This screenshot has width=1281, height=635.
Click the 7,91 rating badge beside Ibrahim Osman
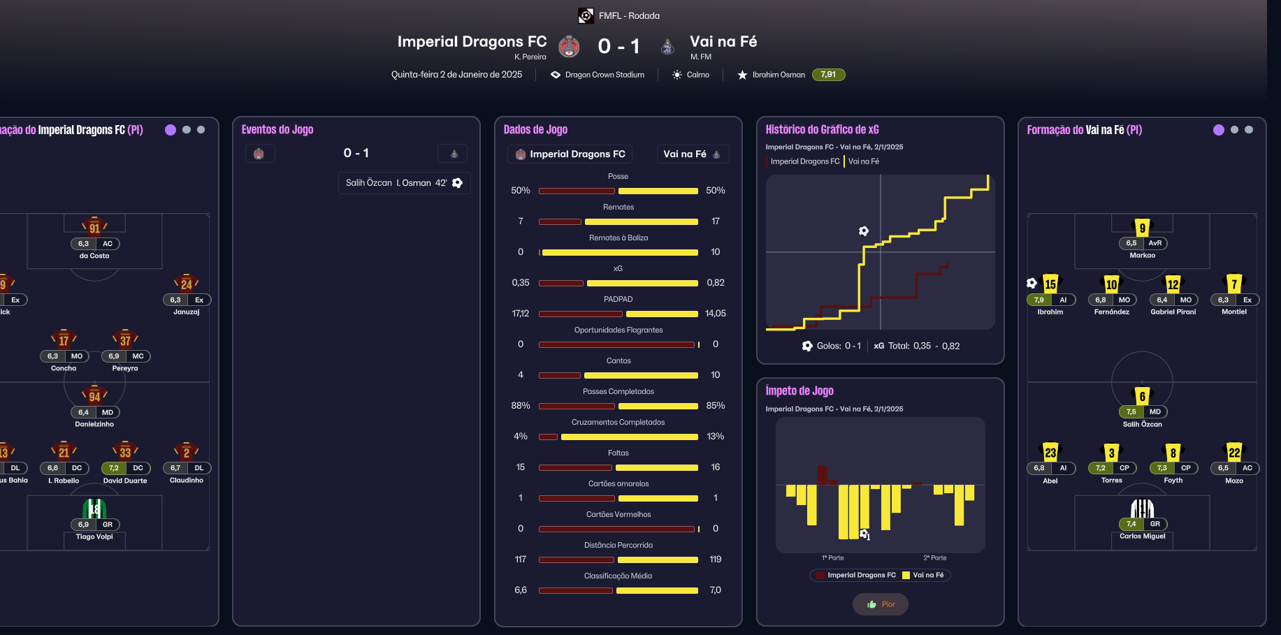[x=828, y=75]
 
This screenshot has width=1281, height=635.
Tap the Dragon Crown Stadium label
[x=605, y=75]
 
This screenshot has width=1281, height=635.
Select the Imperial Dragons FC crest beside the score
[x=569, y=46]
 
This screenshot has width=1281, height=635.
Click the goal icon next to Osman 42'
[x=458, y=183]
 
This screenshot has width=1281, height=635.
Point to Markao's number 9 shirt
[x=1142, y=227]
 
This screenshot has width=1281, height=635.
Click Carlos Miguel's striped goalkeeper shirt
[x=1142, y=508]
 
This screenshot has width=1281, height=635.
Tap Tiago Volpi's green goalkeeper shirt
[x=94, y=509]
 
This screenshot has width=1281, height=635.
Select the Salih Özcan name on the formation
[x=1142, y=424]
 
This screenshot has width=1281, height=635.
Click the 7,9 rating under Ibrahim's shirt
[x=1039, y=300]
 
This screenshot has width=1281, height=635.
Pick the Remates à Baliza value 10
[x=715, y=252]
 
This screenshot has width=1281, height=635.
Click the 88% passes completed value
[x=521, y=406]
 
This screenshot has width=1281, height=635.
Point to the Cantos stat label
[x=618, y=361]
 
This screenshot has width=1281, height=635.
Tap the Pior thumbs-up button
[x=881, y=604]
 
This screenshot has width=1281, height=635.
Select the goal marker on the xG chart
[x=864, y=231]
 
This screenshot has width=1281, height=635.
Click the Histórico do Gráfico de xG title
[x=822, y=130]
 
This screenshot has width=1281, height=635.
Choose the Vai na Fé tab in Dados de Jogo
[x=692, y=154]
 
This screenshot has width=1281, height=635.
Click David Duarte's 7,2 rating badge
[x=113, y=468]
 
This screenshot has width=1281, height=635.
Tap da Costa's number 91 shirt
[x=94, y=227]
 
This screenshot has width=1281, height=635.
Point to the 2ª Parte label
[x=934, y=557]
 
